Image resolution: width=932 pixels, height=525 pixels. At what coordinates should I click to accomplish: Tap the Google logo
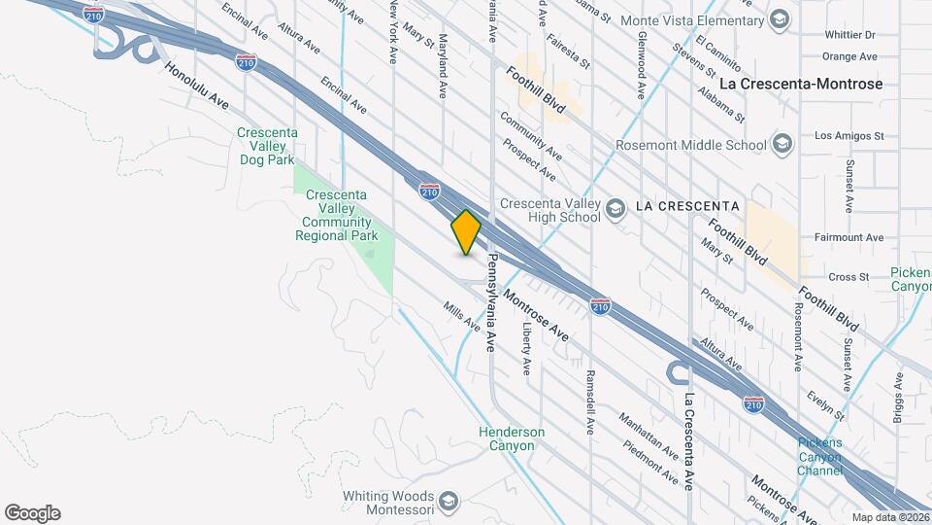pos(32,513)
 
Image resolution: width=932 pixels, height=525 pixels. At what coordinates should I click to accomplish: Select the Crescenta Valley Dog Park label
pos(267,145)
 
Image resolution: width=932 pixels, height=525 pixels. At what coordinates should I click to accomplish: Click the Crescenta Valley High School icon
pos(615,210)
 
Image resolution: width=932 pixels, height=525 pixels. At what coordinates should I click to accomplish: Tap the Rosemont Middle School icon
pos(782,146)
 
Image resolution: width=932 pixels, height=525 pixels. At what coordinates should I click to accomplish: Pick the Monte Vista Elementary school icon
pos(779,20)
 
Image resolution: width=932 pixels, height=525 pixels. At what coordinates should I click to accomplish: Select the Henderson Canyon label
pos(512,438)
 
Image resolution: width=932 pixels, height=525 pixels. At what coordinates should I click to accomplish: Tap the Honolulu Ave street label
pos(196,87)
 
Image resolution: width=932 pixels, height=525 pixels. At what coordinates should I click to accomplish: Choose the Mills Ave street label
pos(462,315)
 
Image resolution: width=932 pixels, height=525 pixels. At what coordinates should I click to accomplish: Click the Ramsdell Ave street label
pos(589,401)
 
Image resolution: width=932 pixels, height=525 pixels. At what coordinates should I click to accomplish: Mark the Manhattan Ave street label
pos(649,435)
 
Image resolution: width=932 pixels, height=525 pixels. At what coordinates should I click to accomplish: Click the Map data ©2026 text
pos(890,517)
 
